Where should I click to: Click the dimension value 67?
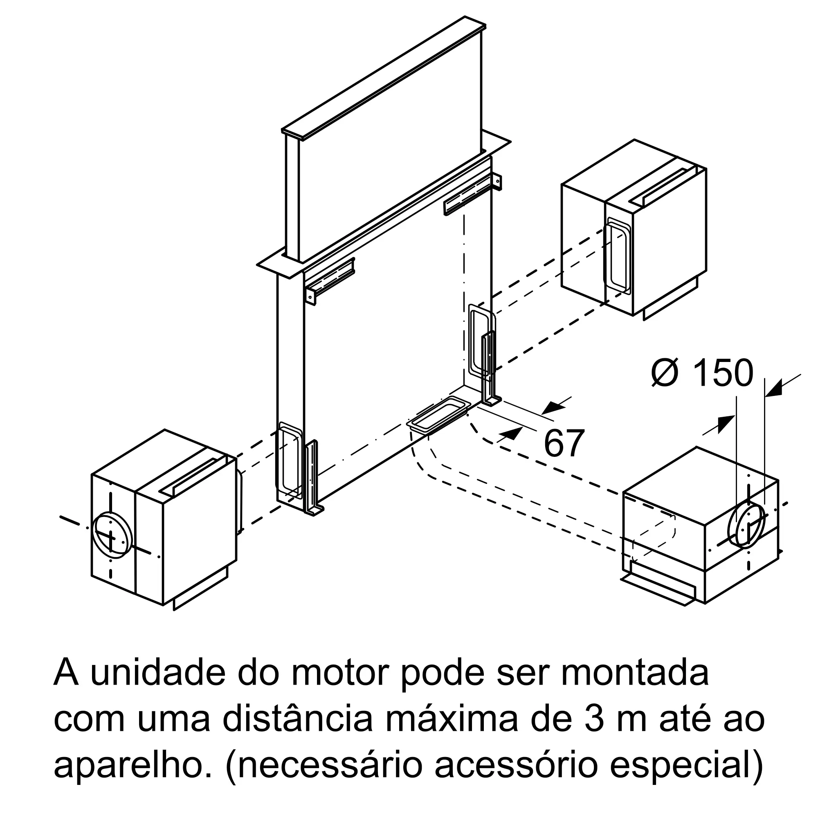[564, 443]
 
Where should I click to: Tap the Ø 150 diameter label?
[702, 373]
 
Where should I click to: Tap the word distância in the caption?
[298, 719]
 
